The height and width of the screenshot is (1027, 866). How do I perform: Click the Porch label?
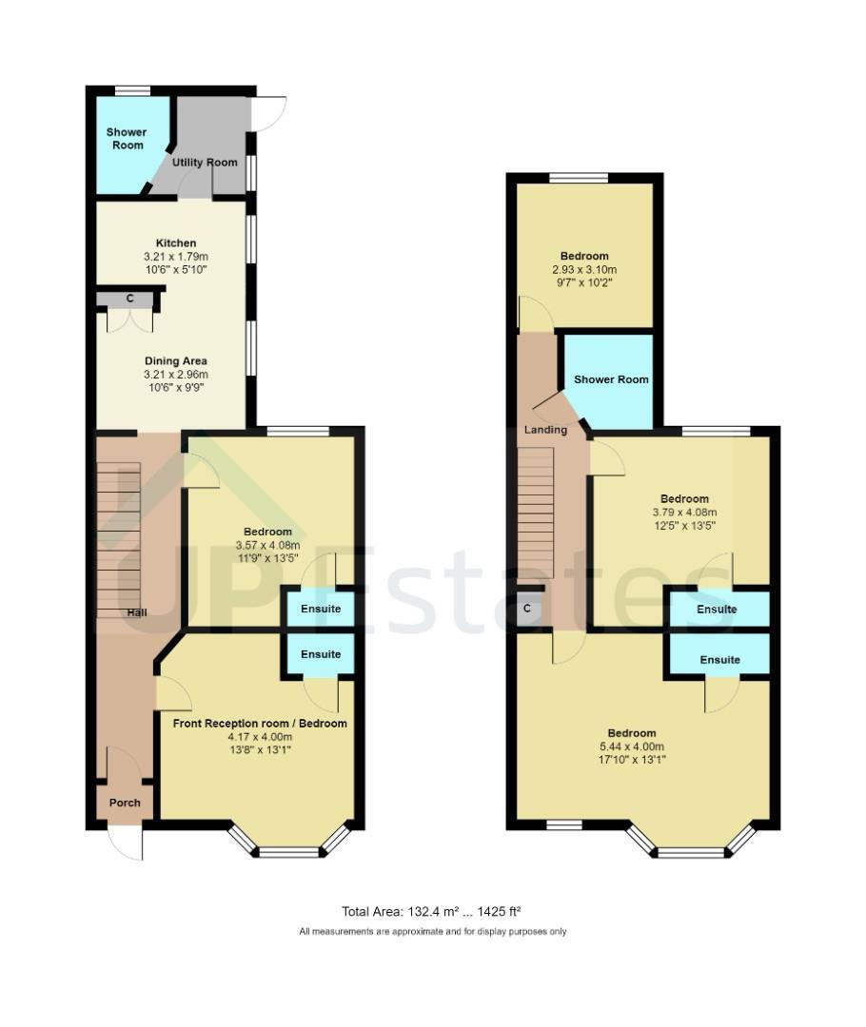[125, 803]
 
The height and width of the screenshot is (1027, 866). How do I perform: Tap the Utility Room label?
[205, 163]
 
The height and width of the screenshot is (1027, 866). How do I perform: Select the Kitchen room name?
[176, 243]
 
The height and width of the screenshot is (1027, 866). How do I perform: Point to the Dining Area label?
[176, 361]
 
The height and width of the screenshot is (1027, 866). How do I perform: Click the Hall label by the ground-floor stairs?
[137, 612]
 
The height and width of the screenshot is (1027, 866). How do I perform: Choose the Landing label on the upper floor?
[545, 430]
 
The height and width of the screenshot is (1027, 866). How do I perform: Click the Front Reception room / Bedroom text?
[260, 724]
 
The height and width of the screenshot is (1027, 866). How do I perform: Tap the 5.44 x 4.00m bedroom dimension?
[632, 746]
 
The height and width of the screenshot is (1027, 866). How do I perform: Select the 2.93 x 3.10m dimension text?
[584, 270]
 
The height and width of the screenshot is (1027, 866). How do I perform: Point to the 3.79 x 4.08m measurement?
[684, 513]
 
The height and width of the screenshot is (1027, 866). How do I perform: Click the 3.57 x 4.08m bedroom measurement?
[267, 545]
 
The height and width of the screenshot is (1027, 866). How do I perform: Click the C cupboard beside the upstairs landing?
[527, 610]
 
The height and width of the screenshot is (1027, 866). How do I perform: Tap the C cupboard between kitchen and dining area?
[129, 299]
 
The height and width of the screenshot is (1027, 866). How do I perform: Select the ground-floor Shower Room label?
[127, 138]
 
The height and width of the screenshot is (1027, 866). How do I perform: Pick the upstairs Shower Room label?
[611, 379]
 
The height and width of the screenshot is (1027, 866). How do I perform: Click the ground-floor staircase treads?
[119, 540]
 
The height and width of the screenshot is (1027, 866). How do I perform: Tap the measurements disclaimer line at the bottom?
[433, 931]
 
